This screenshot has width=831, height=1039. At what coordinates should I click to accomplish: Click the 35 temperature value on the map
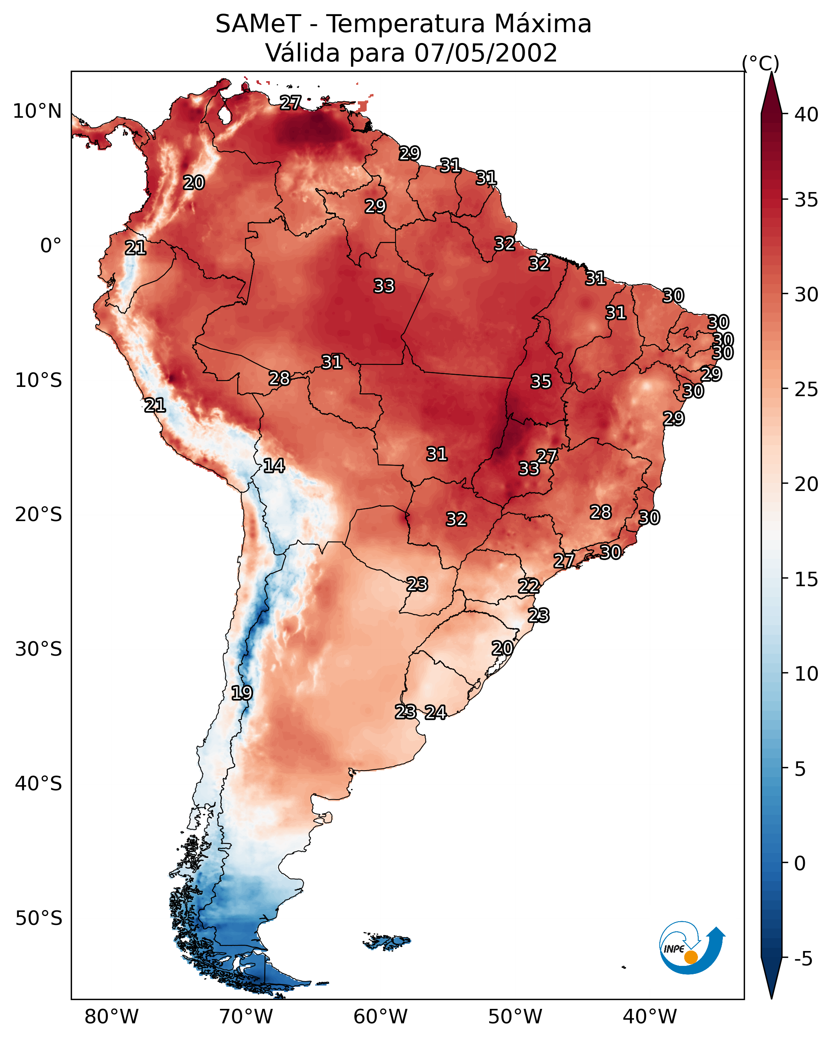pos(541,382)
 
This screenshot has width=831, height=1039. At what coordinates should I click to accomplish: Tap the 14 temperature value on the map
pos(274,466)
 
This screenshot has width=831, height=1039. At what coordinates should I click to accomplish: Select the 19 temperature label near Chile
pos(242,693)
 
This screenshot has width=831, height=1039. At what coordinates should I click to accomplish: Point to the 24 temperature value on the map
pos(435,712)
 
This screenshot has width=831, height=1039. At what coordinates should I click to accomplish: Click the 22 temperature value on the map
pos(529,586)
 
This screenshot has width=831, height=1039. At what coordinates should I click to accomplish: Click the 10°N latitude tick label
pos(37,111)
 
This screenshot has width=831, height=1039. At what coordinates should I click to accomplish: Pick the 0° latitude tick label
pos(51,246)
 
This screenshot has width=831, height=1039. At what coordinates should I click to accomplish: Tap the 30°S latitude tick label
pos(39,649)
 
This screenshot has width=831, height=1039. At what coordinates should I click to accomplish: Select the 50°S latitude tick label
pos(39,918)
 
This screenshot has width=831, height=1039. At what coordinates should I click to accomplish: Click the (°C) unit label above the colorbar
pos(760,63)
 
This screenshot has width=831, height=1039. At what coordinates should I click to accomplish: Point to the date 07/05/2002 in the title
pos(485,53)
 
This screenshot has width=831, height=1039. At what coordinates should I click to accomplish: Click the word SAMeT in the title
pos(258,24)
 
